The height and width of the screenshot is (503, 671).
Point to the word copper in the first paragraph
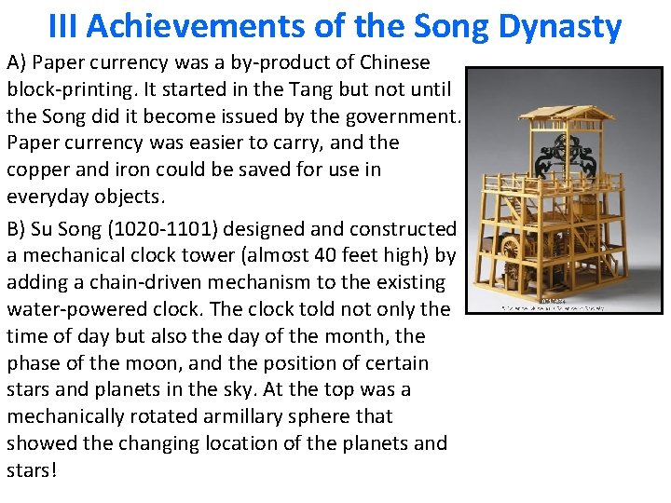(38, 170)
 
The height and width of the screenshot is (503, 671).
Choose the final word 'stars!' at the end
(32, 470)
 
